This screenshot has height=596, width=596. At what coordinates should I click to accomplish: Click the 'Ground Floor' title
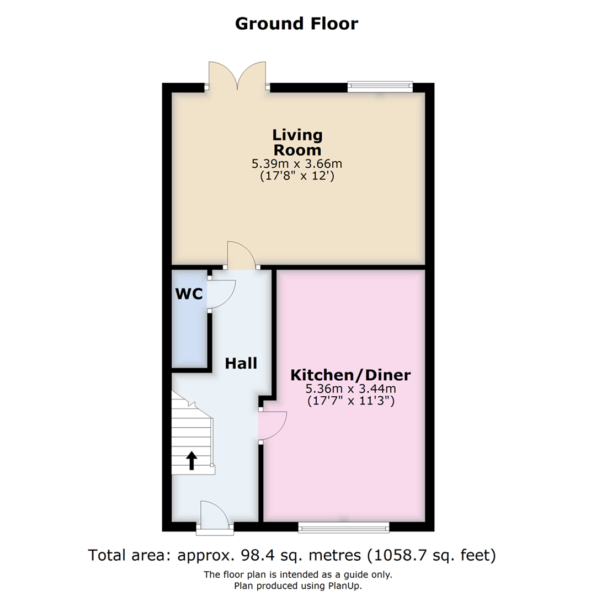point(297,24)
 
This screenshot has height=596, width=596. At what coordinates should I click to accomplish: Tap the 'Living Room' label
point(297,142)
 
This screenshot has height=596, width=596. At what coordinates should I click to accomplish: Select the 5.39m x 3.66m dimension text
point(297,164)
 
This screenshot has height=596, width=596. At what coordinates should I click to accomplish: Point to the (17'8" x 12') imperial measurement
point(297,177)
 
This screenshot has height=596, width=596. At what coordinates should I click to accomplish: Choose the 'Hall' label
point(241,363)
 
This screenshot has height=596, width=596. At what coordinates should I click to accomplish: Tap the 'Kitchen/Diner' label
point(350,375)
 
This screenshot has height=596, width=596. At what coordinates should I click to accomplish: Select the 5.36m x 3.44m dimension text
point(350,389)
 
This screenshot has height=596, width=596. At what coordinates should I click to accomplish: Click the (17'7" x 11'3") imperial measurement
point(350,401)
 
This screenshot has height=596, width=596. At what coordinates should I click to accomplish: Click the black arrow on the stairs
point(191,460)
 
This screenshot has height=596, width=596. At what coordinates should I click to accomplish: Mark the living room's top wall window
point(380,86)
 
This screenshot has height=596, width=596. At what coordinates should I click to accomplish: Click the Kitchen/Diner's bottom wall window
point(343,528)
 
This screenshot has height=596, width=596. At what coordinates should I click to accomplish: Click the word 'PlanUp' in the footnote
point(344,586)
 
